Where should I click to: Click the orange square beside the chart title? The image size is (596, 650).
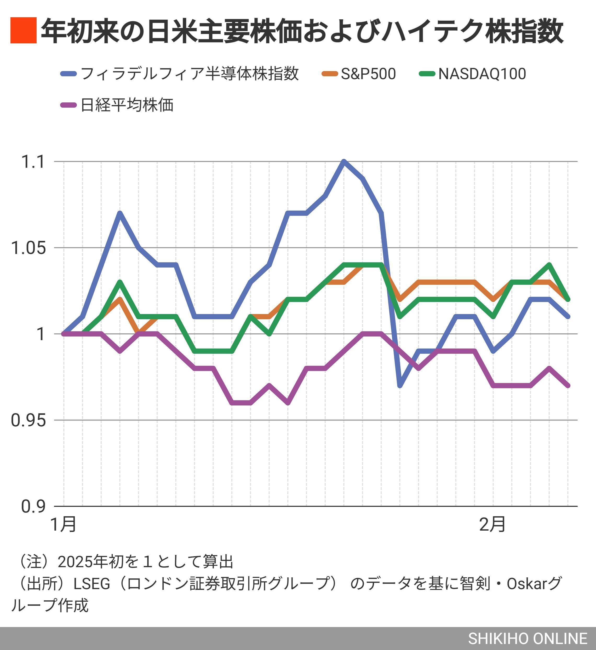click(23, 30)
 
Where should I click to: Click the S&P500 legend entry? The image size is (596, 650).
click(368, 74)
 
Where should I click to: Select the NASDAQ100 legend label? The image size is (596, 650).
click(482, 74)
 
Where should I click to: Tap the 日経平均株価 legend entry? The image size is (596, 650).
click(127, 105)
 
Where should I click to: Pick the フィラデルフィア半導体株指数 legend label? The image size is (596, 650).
click(190, 74)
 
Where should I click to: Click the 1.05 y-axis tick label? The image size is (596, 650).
click(28, 248)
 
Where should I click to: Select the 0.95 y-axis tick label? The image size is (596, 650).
click(28, 420)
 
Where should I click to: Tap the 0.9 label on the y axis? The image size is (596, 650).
click(33, 507)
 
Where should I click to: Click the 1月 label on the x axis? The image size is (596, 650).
click(64, 524)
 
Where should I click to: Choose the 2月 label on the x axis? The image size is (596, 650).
click(492, 524)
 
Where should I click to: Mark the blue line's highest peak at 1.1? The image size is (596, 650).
click(344, 161)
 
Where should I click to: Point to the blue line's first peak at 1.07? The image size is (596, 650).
click(120, 213)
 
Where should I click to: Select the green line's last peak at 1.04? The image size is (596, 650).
click(549, 265)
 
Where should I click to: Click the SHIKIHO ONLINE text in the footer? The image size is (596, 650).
click(528, 639)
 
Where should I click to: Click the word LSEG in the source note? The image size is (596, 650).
click(92, 584)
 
